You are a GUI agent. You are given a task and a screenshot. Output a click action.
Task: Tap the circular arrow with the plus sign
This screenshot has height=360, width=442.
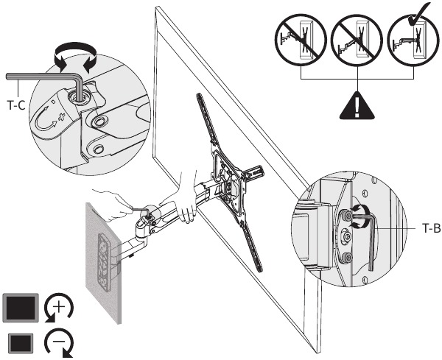click(58, 308)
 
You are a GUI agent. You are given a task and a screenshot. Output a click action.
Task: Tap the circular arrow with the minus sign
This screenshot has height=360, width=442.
click(59, 342)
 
